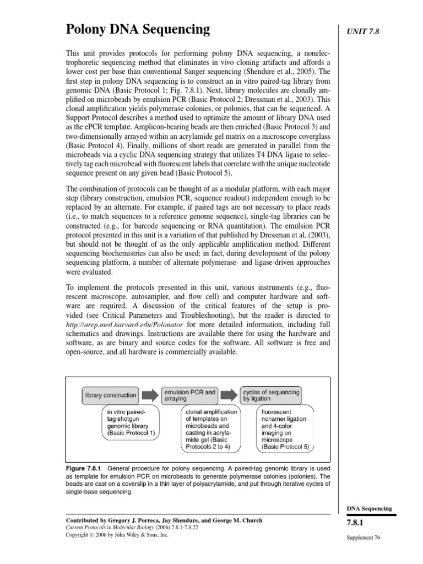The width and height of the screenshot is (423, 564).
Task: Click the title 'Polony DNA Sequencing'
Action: click(x=138, y=29)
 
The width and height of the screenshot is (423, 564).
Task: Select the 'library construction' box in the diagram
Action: click(x=110, y=395)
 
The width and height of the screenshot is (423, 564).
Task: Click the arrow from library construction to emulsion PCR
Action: click(x=149, y=395)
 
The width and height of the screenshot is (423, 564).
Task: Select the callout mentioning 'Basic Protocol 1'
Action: click(x=130, y=421)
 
